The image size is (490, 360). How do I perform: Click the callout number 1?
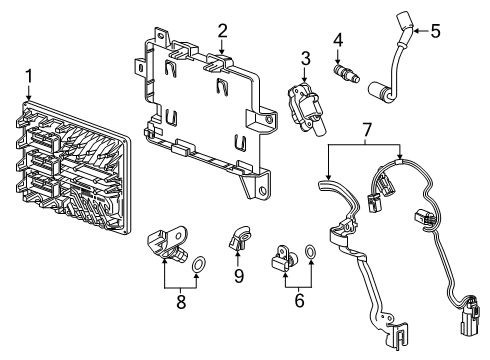(29, 76)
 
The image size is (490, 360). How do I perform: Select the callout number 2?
(223, 31)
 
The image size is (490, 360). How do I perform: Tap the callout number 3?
(305, 58)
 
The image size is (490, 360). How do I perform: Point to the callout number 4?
(338, 40)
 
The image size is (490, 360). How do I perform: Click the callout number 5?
(435, 31)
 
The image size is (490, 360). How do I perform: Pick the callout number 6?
(300, 300)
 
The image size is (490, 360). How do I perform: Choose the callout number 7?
(366, 130)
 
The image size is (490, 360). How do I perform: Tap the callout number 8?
(181, 302)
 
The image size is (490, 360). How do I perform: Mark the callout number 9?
(239, 276)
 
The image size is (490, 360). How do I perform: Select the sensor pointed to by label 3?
(305, 109)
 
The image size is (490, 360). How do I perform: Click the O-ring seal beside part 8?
(199, 264)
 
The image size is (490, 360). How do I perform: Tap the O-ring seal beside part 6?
(311, 252)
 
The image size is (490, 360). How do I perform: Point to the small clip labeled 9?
(239, 238)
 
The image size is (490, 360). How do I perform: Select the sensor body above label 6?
(284, 258)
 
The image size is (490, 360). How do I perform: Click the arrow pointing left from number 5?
(421, 31)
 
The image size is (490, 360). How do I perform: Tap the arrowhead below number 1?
(29, 97)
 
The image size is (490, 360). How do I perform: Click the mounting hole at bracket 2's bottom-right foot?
(263, 191)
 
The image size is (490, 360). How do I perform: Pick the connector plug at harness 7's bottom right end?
(470, 314)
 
